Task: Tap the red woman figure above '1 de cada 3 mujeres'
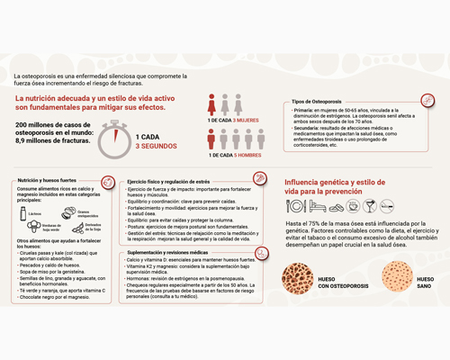[x=211, y=103]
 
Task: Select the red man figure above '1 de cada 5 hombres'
[x=211, y=139]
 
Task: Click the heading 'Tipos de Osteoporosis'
[x=316, y=102]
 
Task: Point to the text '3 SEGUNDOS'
[x=156, y=146]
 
